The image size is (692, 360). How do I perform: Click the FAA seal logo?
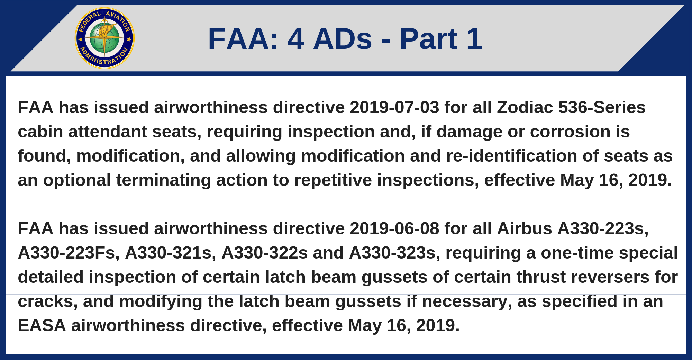pos(104,38)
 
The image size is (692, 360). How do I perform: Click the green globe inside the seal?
pos(104,38)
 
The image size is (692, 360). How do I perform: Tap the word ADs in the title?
pos(343,39)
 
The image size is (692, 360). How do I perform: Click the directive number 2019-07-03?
pos(394,107)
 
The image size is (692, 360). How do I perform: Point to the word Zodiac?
pos(525,107)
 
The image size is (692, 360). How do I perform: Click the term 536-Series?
pos(602,107)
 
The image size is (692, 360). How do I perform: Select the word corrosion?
pos(570,132)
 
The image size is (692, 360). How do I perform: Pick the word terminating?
pos(163,180)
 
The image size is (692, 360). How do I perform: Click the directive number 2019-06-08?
pos(394,228)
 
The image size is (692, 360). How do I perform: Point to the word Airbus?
pos(525,228)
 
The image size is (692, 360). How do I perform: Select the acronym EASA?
pos(42,325)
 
